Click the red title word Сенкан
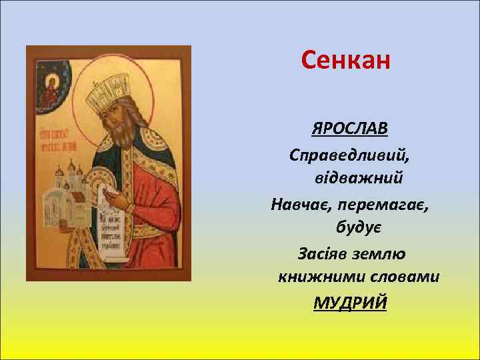tap(345, 61)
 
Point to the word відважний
tap(357, 179)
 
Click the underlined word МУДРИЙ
tap(350, 302)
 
